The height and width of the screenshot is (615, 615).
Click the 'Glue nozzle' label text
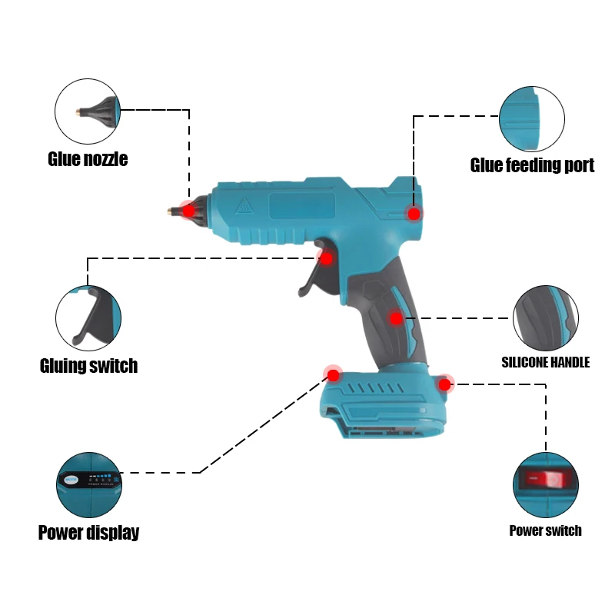(x=88, y=159)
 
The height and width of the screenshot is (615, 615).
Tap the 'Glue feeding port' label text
(x=532, y=165)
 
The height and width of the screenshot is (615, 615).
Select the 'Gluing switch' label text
(x=88, y=365)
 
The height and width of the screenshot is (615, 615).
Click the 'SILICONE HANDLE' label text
(x=545, y=361)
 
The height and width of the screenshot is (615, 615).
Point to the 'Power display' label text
(x=88, y=532)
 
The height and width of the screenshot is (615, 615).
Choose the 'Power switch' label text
(x=545, y=530)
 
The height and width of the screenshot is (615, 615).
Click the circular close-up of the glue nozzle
(x=88, y=111)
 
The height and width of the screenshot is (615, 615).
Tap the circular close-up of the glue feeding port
(x=532, y=119)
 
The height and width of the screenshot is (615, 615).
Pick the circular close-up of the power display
(x=89, y=485)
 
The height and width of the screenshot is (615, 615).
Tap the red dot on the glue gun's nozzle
(x=188, y=210)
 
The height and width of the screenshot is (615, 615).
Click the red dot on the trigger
(x=326, y=259)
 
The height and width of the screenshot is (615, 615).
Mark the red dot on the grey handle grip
(x=395, y=317)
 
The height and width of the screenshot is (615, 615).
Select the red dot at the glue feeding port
(x=414, y=214)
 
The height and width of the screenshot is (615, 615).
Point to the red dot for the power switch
(x=444, y=384)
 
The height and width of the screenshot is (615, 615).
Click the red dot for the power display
(x=333, y=375)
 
